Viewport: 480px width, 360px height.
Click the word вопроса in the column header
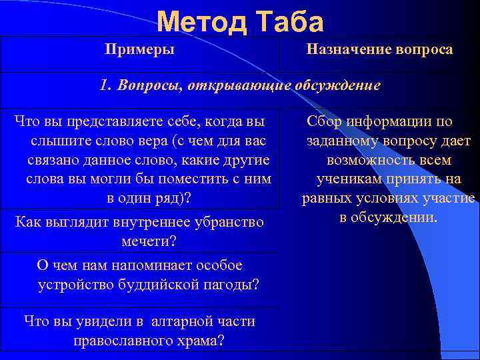coord(422,49)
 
